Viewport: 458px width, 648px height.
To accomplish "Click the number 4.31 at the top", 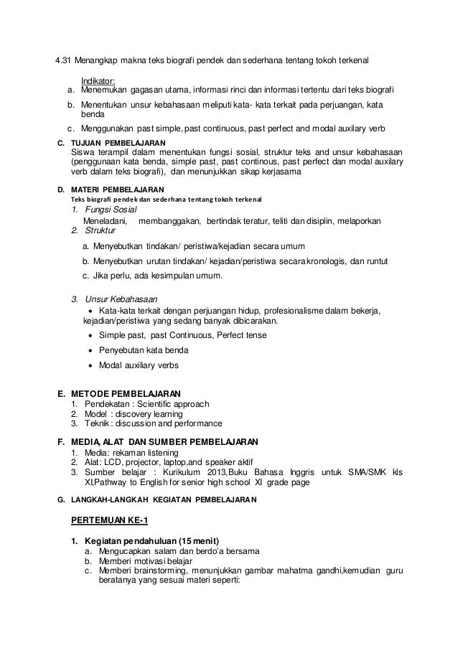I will pyautogui.click(x=65, y=58).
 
